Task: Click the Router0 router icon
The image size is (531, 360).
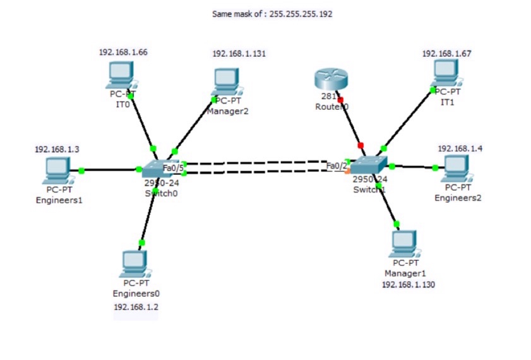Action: click(x=330, y=80)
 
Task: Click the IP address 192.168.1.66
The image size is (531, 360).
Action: click(x=123, y=52)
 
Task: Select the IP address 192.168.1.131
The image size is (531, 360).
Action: click(x=239, y=54)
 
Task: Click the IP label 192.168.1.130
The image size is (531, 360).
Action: click(x=408, y=285)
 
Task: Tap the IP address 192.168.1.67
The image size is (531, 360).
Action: click(x=446, y=54)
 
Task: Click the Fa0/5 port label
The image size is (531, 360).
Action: click(x=173, y=168)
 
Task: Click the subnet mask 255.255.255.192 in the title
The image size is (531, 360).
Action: click(x=301, y=13)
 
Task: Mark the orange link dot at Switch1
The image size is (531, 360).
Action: click(x=347, y=171)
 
